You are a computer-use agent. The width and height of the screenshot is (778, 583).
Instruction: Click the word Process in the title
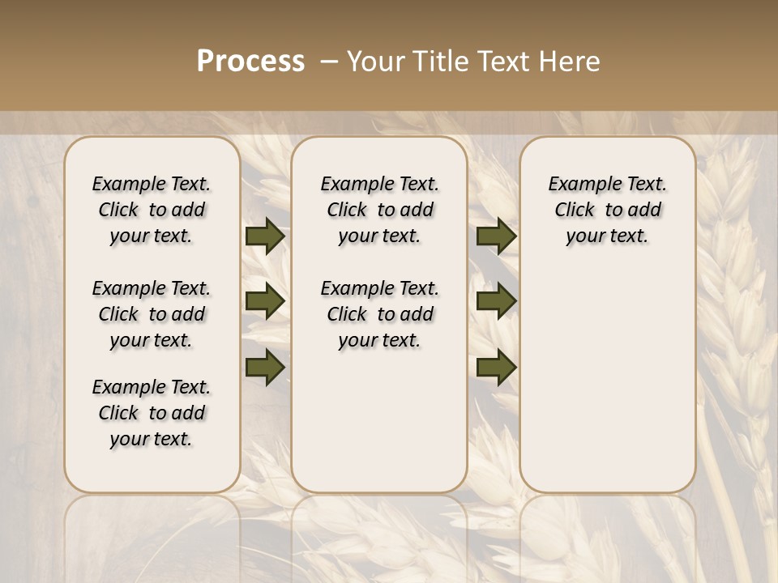(x=250, y=62)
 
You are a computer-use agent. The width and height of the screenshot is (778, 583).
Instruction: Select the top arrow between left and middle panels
(x=265, y=236)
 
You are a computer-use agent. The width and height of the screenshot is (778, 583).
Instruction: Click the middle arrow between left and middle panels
(x=265, y=302)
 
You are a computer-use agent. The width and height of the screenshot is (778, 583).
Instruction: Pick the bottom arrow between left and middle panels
(x=265, y=368)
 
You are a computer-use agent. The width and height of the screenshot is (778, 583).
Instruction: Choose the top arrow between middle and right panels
(x=496, y=236)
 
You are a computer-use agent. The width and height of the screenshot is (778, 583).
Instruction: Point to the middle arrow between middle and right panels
(x=496, y=302)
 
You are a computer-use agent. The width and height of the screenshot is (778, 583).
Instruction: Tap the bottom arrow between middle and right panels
(x=496, y=368)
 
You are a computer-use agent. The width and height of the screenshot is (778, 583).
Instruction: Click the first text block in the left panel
(x=152, y=210)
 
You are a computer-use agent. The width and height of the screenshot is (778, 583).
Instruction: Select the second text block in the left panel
(x=152, y=314)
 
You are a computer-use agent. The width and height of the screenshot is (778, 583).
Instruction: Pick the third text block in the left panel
(x=152, y=413)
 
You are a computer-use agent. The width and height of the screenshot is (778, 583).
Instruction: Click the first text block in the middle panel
(x=379, y=210)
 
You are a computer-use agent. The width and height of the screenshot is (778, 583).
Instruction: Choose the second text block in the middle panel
(x=379, y=314)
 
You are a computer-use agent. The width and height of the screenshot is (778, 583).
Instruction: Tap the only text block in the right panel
(x=607, y=210)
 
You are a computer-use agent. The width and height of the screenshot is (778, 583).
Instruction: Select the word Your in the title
(x=372, y=62)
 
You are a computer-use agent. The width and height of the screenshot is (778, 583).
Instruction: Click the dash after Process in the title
(x=328, y=62)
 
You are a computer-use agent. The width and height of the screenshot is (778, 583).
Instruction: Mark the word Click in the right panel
(x=575, y=211)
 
